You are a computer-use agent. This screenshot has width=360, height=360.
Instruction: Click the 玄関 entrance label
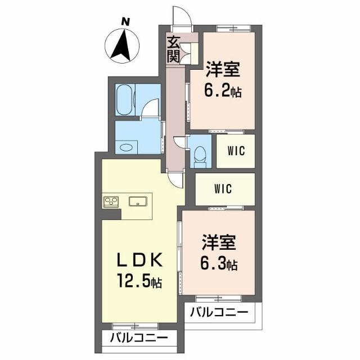point(174,48)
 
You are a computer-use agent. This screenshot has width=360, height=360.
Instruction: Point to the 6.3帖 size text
point(219,263)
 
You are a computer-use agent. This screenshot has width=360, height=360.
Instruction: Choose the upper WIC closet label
point(236,151)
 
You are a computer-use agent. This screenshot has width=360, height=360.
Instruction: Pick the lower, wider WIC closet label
point(223,189)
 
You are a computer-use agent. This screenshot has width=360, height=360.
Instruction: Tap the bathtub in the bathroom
point(124,100)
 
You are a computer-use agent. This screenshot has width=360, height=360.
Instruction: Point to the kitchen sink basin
point(138,201)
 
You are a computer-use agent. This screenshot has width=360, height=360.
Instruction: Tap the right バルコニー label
point(218,312)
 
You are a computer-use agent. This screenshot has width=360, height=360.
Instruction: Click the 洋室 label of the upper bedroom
point(223,71)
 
